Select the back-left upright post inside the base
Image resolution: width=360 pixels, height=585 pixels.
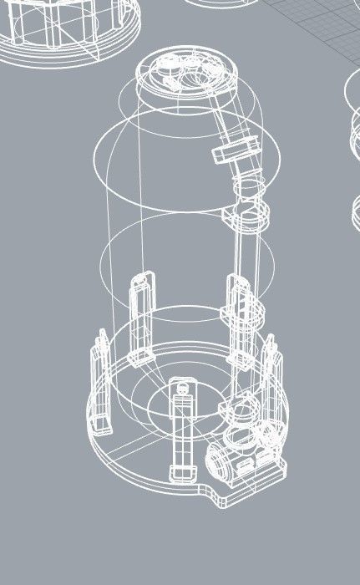click(141, 313)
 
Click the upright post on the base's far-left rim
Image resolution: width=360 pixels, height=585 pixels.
click(99, 384)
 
